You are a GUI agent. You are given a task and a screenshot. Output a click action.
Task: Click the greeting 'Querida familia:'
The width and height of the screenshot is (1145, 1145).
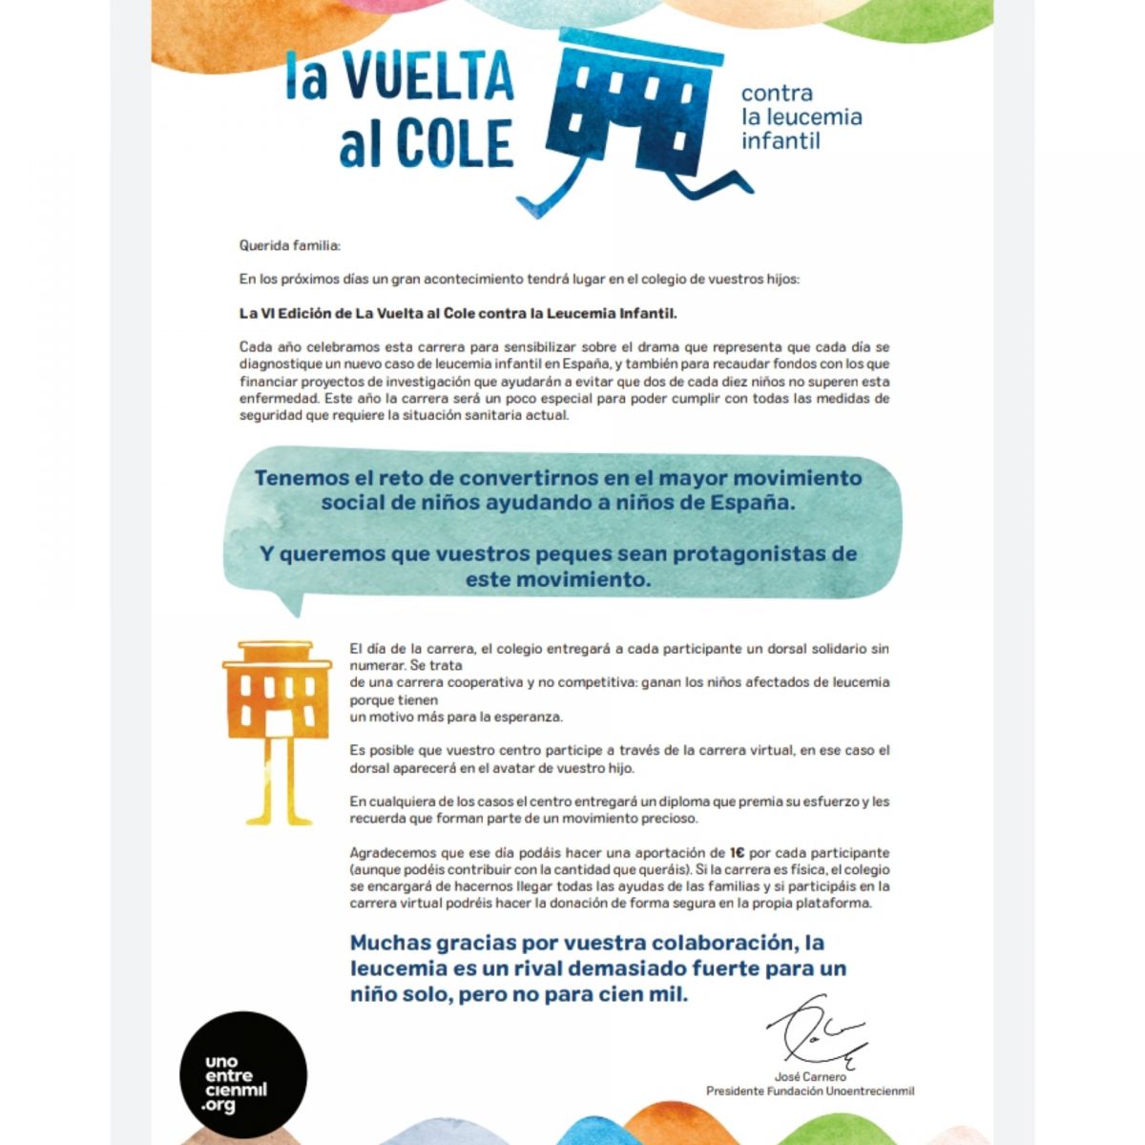pos(288,246)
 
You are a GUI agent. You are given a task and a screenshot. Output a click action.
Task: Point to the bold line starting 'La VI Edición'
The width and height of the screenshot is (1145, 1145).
pos(457,313)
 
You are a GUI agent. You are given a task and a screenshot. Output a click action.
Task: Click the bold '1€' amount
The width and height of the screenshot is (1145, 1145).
pos(737,853)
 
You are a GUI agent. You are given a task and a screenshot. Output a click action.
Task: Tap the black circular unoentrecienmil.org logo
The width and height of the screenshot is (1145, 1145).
pos(243,1074)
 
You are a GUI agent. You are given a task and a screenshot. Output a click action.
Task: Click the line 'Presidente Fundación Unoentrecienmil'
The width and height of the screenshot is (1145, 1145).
pos(810,1091)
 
